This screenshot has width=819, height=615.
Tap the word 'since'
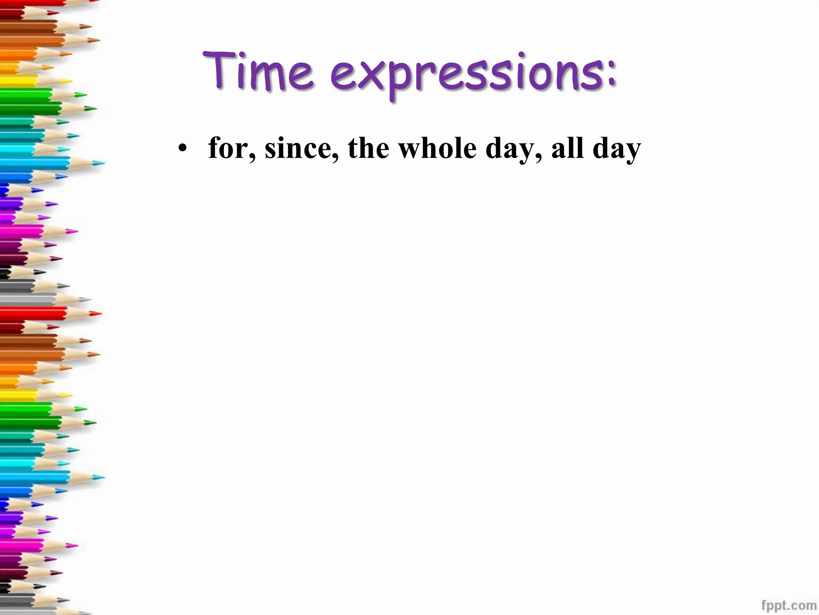[298, 148]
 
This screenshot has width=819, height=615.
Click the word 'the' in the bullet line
[368, 148]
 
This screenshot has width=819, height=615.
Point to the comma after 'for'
[252, 157]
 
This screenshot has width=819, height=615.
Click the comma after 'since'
[335, 157]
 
